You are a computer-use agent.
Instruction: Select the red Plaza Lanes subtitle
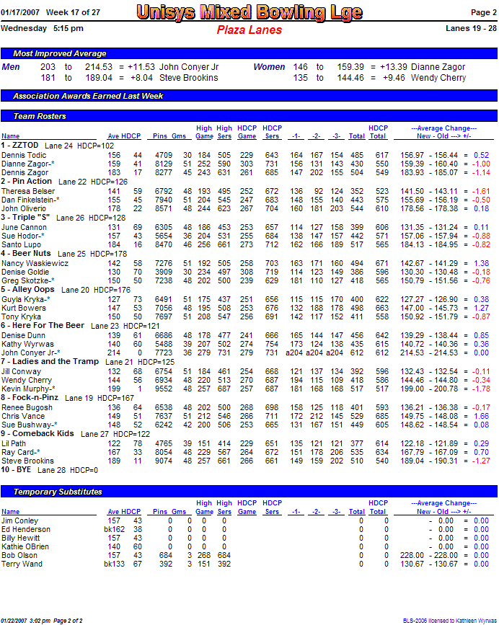coord(248,30)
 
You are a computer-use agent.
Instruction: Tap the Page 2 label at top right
coord(483,12)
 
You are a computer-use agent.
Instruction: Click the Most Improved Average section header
coord(60,53)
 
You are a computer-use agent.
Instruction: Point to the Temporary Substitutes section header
coord(58,491)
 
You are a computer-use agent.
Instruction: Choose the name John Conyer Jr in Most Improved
coord(189,67)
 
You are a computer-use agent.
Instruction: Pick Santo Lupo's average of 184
coord(114,244)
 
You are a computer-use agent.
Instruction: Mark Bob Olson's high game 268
coord(204,556)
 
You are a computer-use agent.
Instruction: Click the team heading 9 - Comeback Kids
coord(37,434)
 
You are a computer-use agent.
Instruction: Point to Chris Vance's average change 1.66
coord(481,416)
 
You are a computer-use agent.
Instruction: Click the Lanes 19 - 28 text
coord(472,28)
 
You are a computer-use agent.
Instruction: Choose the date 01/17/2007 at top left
coord(20,12)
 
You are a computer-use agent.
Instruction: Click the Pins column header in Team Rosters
coord(159,136)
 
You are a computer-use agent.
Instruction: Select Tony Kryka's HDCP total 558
coord(380,316)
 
